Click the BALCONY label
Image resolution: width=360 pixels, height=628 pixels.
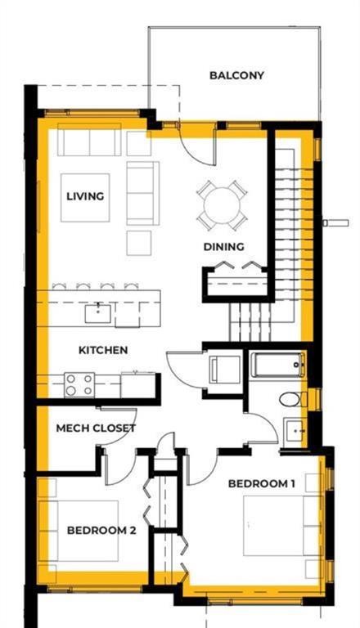point(236,75)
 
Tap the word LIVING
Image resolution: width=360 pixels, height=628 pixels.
point(85,196)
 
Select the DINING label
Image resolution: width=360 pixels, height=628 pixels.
point(223,247)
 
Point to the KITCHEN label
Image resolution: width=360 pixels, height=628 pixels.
point(103,350)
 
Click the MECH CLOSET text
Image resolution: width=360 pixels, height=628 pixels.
point(96,428)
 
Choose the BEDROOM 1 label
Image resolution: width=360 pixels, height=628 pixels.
point(261,483)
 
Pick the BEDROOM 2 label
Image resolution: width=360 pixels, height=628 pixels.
point(101,531)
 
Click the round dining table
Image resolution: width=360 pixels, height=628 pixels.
point(222,205)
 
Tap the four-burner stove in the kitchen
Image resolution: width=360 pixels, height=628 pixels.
point(79,385)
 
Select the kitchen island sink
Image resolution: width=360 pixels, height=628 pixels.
point(98,313)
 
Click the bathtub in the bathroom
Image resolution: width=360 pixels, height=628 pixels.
point(277,365)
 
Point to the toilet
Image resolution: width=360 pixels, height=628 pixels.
point(293,399)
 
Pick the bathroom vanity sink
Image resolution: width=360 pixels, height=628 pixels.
point(295,431)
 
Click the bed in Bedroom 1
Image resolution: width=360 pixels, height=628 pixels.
point(281,526)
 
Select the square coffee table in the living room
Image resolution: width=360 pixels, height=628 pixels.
point(85,197)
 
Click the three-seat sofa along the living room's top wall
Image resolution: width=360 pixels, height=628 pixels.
point(89,140)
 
